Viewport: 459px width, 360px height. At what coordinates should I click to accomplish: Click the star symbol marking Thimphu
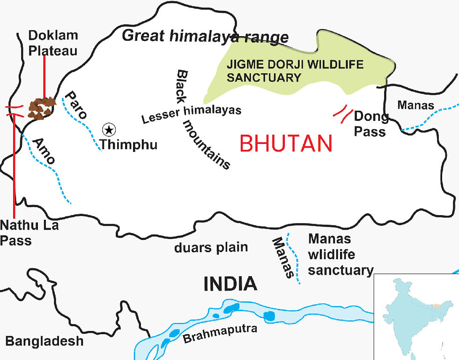point(109,129)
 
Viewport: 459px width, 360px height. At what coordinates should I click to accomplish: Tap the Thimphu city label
point(129,144)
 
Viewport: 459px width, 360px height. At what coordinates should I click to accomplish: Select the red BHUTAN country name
point(286,143)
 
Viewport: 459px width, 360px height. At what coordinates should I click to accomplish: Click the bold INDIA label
point(230,284)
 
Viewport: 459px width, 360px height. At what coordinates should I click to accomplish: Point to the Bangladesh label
point(44,341)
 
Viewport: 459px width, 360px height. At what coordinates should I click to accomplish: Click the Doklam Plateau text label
point(52,43)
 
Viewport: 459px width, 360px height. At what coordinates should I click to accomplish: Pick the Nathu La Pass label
point(29,233)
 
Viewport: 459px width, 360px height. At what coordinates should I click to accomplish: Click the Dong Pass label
point(371,123)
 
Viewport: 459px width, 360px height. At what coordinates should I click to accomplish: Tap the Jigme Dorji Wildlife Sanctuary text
point(295,70)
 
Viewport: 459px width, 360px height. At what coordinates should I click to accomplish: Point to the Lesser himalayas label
point(192,114)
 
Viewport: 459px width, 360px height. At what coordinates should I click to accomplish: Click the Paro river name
point(75,105)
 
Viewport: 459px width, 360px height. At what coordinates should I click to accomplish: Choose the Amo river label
point(44,150)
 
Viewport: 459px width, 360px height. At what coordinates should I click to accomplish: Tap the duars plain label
point(211,247)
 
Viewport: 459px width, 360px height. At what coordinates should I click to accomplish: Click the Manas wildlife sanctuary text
point(341,255)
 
